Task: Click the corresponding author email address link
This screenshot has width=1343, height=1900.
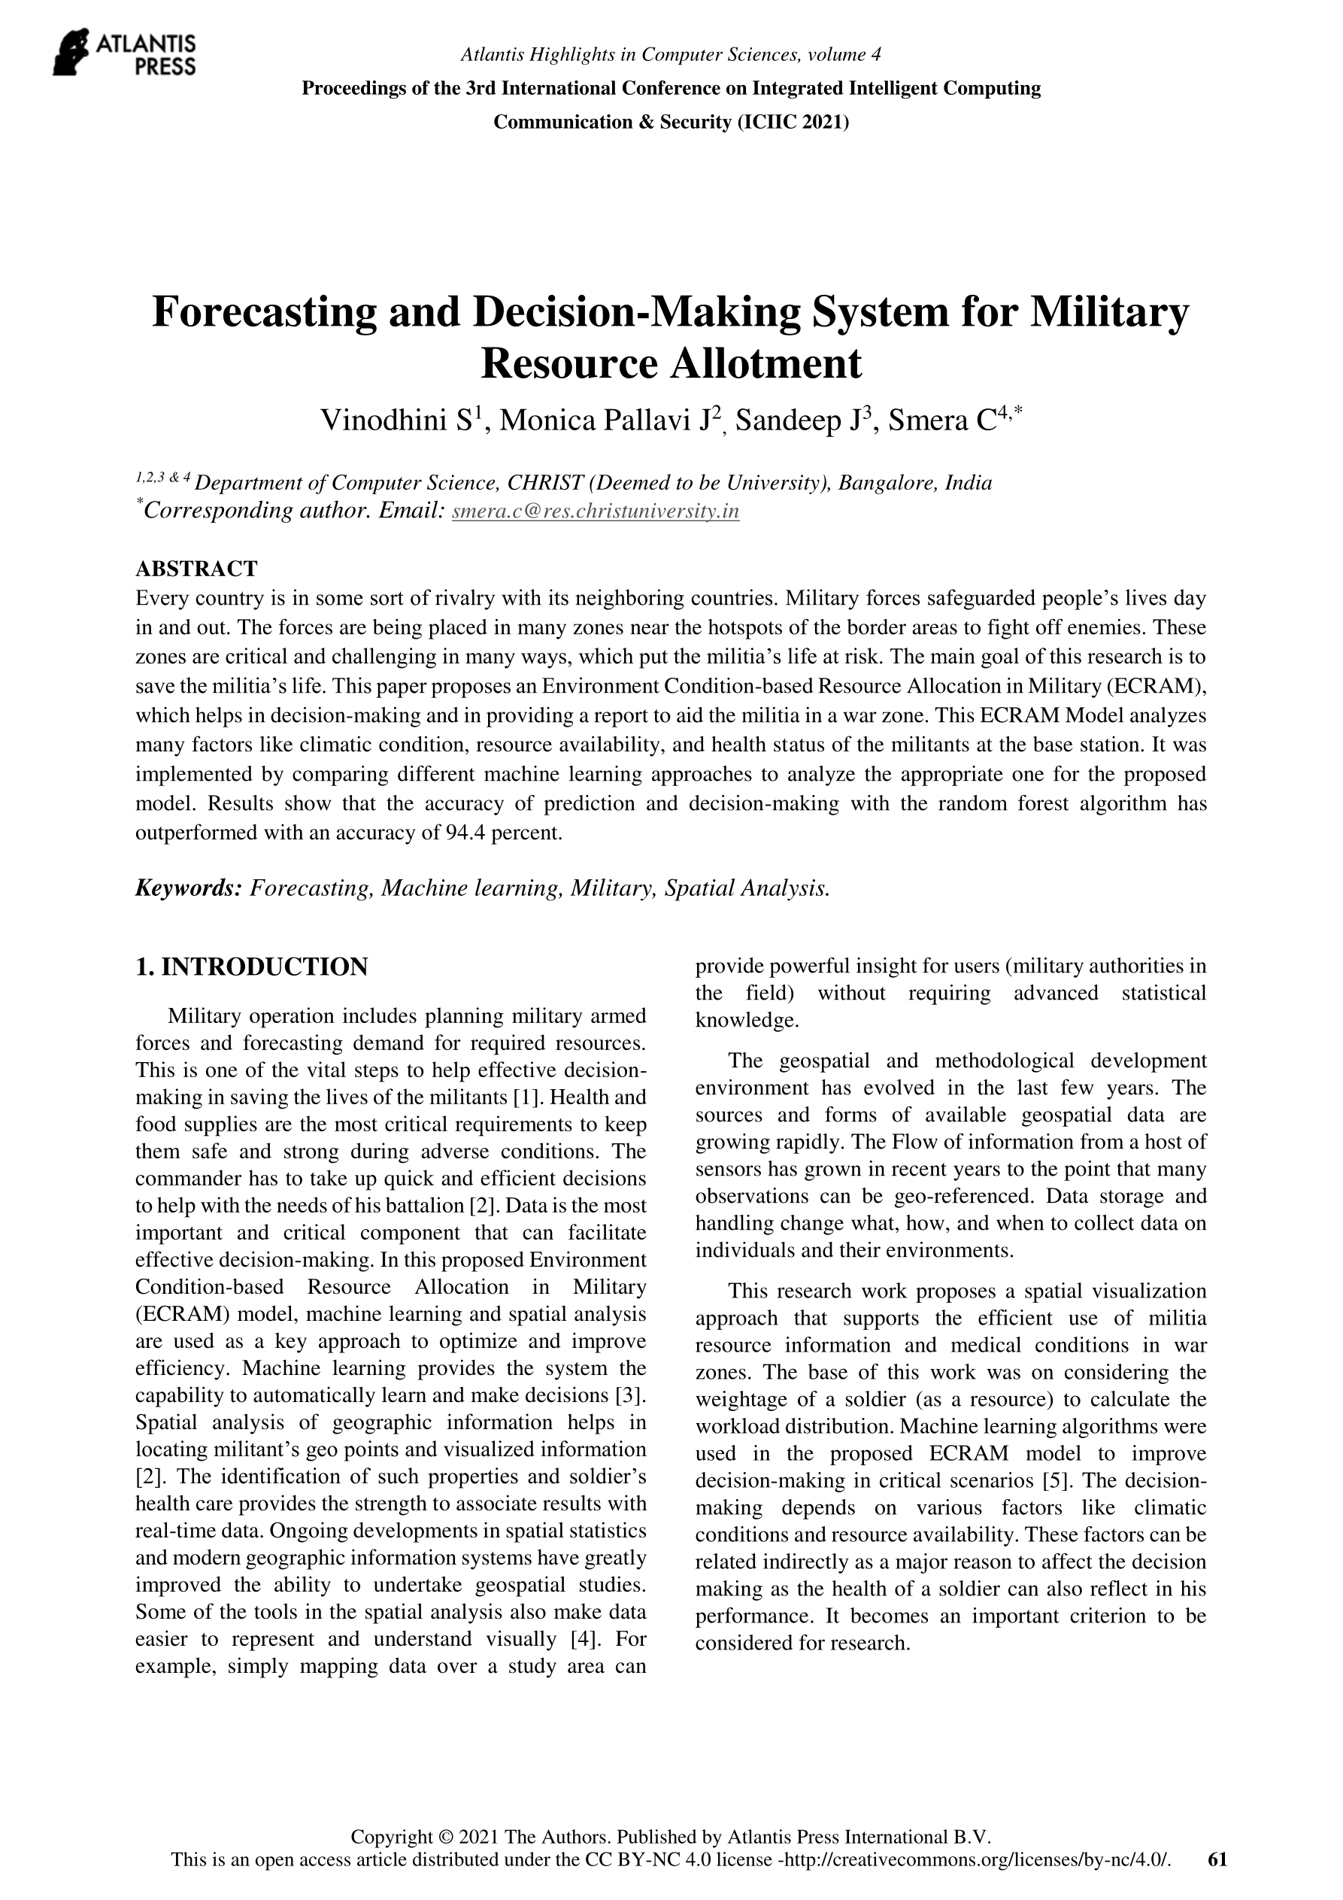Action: coord(596,511)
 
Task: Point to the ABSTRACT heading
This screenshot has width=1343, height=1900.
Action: coord(196,569)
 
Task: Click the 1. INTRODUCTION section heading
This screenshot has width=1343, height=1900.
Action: coord(252,967)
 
